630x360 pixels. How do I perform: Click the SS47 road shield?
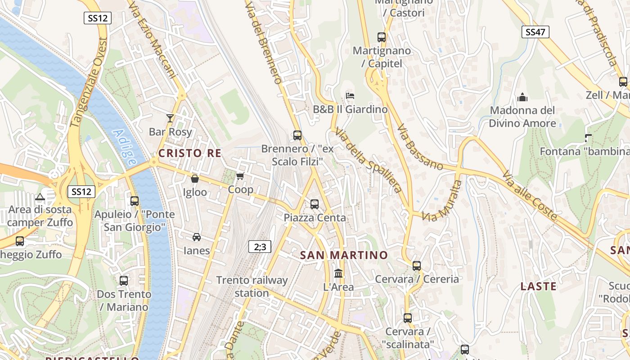[x=535, y=32]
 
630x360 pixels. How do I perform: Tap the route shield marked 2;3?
[x=260, y=246]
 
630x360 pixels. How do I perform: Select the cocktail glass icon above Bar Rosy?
[x=170, y=118]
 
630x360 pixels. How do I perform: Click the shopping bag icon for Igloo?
[x=195, y=179]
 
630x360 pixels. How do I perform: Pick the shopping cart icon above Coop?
[x=240, y=176]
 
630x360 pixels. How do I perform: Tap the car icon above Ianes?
[x=197, y=237]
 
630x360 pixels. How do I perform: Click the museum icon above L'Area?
[x=338, y=273]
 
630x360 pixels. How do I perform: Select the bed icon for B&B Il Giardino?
[x=350, y=95]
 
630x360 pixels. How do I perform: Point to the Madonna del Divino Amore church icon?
[x=522, y=97]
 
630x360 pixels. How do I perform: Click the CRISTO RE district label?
[x=189, y=153]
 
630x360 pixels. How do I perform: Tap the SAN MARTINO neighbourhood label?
[x=344, y=255]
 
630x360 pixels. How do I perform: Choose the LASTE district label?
[x=538, y=286]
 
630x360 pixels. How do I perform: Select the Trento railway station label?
[x=252, y=287]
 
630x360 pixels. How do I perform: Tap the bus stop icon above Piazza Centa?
[x=315, y=204]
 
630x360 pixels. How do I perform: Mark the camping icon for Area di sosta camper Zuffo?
[x=40, y=197]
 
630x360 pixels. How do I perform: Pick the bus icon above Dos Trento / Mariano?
[x=124, y=281]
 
